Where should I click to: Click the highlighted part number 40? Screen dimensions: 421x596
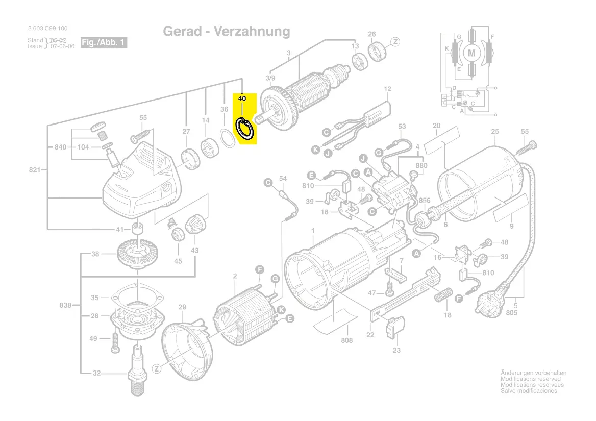pyautogui.click(x=242, y=98)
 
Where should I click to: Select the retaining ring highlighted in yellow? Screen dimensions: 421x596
pyautogui.click(x=245, y=129)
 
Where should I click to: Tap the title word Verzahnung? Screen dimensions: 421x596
pyautogui.click(x=252, y=32)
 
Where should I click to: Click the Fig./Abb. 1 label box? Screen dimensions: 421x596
pyautogui.click(x=104, y=43)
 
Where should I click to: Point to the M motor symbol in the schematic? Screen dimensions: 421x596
pyautogui.click(x=471, y=53)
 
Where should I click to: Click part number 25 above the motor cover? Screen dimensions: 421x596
pyautogui.click(x=495, y=132)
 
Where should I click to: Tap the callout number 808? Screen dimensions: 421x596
pyautogui.click(x=347, y=340)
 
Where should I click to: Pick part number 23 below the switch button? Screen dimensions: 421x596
pyautogui.click(x=396, y=350)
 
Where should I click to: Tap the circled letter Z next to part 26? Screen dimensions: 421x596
pyautogui.click(x=395, y=41)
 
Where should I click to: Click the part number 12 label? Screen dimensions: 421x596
pyautogui.click(x=387, y=89)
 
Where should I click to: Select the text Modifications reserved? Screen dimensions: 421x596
pyautogui.click(x=531, y=379)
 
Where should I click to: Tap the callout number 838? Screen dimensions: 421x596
pyautogui.click(x=65, y=305)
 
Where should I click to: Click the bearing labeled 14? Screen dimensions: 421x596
pyautogui.click(x=209, y=148)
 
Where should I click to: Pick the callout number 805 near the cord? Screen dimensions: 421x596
pyautogui.click(x=512, y=312)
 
